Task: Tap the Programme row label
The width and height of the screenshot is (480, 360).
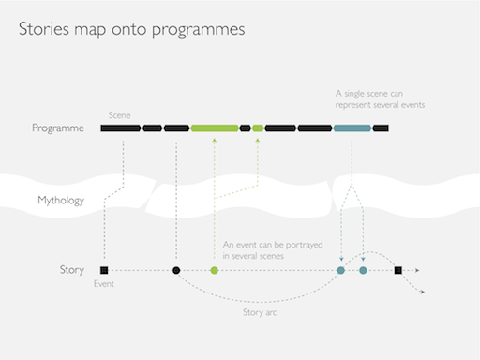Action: click(58, 127)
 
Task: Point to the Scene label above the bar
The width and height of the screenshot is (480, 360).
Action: click(119, 113)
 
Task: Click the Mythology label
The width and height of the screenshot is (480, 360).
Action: click(61, 200)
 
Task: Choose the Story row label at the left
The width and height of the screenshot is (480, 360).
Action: click(72, 270)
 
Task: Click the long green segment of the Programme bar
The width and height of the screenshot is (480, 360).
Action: click(214, 127)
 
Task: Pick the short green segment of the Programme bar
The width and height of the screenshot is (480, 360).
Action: click(259, 127)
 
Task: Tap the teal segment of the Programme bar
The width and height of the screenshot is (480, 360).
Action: click(352, 127)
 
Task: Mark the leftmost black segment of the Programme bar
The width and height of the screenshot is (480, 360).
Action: click(121, 127)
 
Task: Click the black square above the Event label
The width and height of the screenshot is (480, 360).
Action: click(103, 270)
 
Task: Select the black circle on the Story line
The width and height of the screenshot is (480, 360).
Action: click(176, 270)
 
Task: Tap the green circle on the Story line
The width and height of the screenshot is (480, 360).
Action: click(214, 270)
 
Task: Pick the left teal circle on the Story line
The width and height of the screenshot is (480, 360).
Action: click(341, 270)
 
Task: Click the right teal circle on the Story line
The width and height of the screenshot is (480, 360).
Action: click(363, 270)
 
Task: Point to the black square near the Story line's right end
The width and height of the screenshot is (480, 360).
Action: click(398, 270)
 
